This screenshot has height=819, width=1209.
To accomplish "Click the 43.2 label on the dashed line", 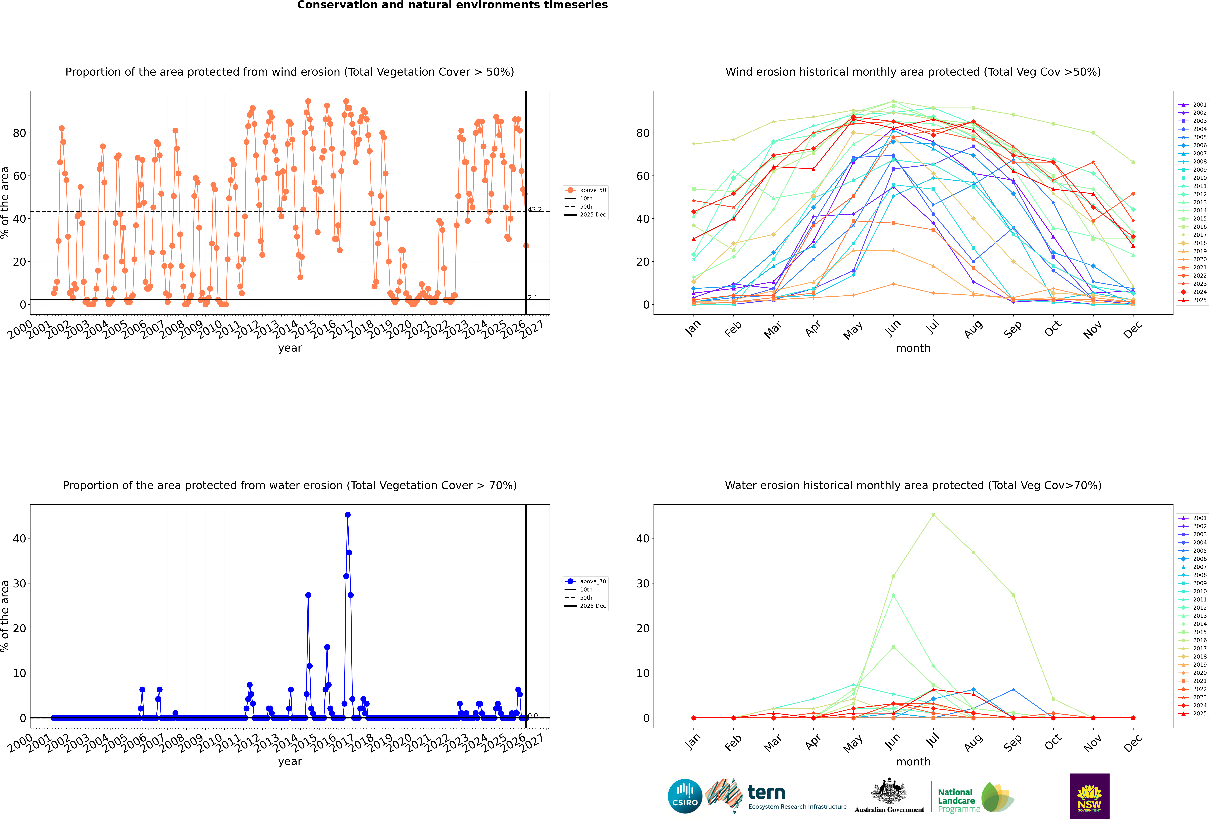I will [x=535, y=210].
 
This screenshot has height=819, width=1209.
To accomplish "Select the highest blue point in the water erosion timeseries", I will [x=348, y=515].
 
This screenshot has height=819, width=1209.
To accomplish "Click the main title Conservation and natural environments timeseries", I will [x=452, y=5].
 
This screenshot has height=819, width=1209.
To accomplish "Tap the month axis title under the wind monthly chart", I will [x=913, y=348].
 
